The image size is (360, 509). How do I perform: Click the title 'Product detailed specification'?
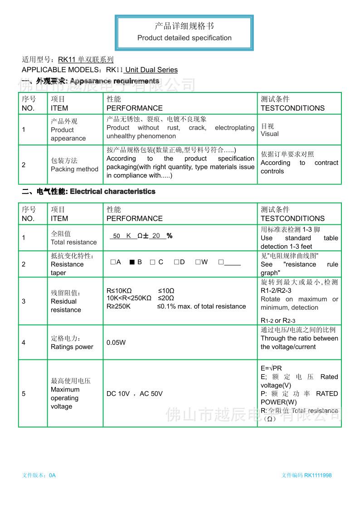(x=184, y=38)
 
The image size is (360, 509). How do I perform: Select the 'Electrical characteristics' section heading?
(x=112, y=192)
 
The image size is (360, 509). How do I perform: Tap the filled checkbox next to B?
(x=132, y=262)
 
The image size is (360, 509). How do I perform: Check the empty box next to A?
(x=112, y=262)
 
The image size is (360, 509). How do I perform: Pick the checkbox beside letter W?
(x=198, y=262)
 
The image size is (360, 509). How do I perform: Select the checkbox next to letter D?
(x=176, y=262)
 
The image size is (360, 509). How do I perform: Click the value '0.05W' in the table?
(x=116, y=343)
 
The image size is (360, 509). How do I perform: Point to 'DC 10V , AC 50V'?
(x=134, y=394)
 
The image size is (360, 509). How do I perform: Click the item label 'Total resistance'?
(x=73, y=242)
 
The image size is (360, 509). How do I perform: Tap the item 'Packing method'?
(x=74, y=169)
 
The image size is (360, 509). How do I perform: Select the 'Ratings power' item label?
(x=72, y=347)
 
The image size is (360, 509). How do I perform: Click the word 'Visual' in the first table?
(x=270, y=134)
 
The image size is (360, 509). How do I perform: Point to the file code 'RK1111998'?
(x=318, y=475)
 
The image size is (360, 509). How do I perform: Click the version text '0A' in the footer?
(x=52, y=475)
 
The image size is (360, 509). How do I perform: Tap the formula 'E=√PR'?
(x=271, y=368)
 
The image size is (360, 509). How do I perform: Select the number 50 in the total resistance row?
(x=117, y=236)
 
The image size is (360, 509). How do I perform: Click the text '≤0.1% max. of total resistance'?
(x=201, y=306)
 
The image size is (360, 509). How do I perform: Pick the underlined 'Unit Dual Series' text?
(x=151, y=70)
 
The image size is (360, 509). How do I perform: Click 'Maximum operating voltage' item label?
(x=64, y=398)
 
